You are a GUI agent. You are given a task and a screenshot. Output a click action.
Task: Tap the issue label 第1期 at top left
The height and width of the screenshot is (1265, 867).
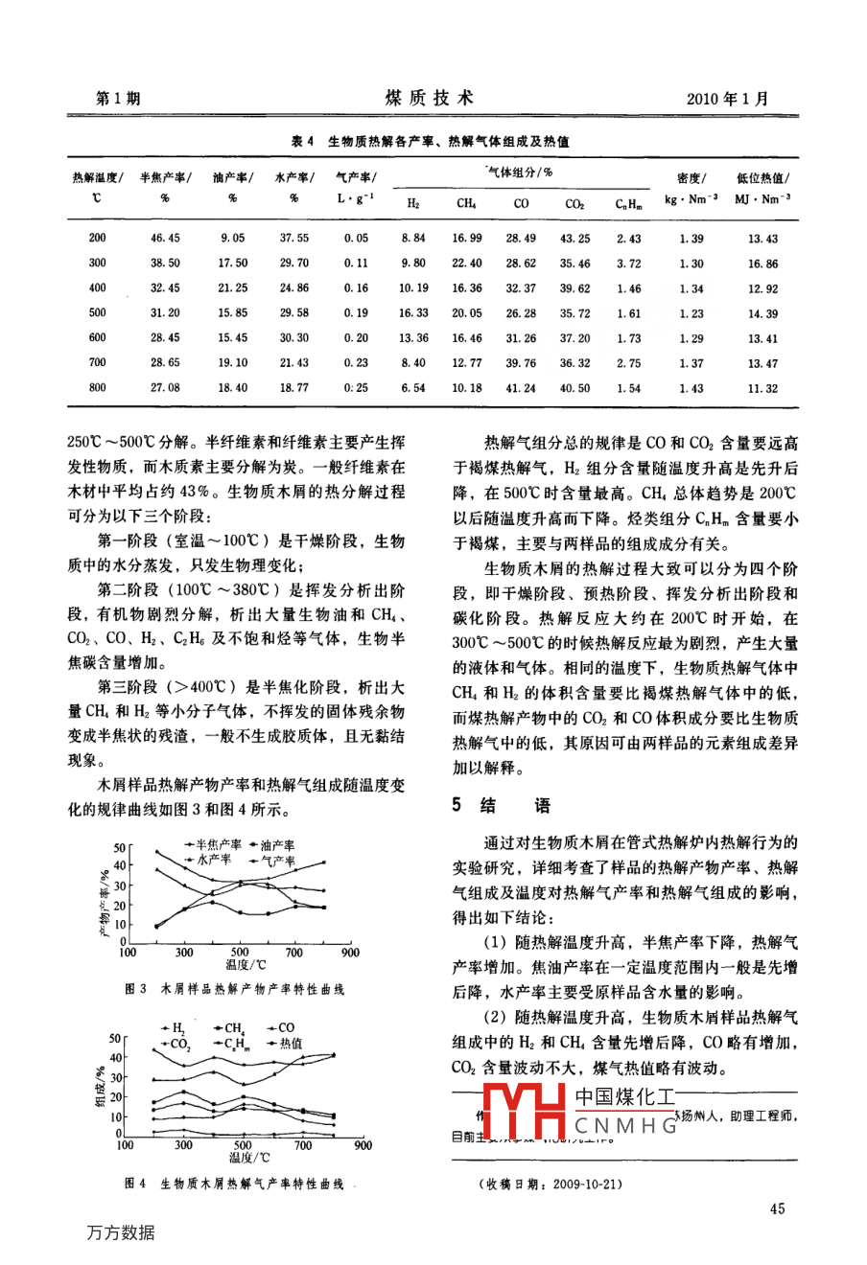pyautogui.click(x=119, y=99)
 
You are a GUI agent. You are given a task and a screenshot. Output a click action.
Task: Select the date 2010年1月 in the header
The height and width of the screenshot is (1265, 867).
pyautogui.click(x=727, y=99)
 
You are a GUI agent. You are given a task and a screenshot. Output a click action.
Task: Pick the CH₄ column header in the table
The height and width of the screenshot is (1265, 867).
pyautogui.click(x=466, y=203)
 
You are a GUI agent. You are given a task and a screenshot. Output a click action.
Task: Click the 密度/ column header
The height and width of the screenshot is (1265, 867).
pyautogui.click(x=691, y=178)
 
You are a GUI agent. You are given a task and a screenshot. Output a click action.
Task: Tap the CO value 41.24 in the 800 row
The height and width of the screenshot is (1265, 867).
pyautogui.click(x=521, y=388)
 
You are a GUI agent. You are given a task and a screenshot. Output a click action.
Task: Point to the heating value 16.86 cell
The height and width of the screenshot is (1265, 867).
pyautogui.click(x=763, y=264)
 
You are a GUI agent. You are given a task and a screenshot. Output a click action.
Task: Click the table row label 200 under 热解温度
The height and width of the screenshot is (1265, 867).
pyautogui.click(x=97, y=239)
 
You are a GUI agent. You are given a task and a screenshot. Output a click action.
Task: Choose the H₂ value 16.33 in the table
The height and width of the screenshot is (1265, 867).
pyautogui.click(x=413, y=313)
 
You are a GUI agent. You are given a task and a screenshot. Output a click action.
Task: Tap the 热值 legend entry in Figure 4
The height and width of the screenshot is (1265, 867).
pyautogui.click(x=288, y=1044)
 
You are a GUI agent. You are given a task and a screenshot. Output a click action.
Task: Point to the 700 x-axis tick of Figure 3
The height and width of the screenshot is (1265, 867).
pyautogui.click(x=294, y=953)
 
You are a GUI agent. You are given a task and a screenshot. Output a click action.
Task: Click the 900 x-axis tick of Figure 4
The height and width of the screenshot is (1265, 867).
pyautogui.click(x=363, y=1145)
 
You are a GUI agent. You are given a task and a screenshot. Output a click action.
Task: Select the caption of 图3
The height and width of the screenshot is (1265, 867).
pyautogui.click(x=235, y=989)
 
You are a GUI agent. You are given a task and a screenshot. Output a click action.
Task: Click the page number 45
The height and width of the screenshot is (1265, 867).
pyautogui.click(x=777, y=1208)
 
